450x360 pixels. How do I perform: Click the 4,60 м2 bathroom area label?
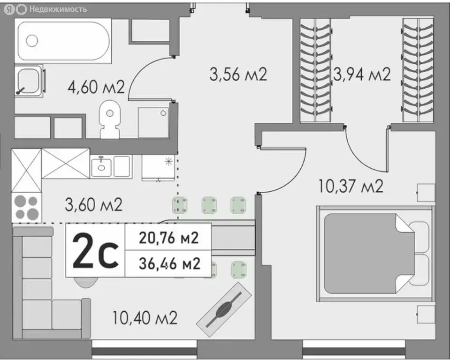pos(96,88)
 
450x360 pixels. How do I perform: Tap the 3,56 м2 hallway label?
pos(237,74)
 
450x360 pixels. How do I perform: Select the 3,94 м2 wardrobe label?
pos(361,74)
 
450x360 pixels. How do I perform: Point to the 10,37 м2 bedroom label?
pos(351,186)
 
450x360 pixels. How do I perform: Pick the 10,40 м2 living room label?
pos(145,319)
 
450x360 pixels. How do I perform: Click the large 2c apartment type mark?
pos(95,251)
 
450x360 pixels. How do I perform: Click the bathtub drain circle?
pos(32,40)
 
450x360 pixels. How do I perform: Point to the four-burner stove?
pos(27,208)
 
